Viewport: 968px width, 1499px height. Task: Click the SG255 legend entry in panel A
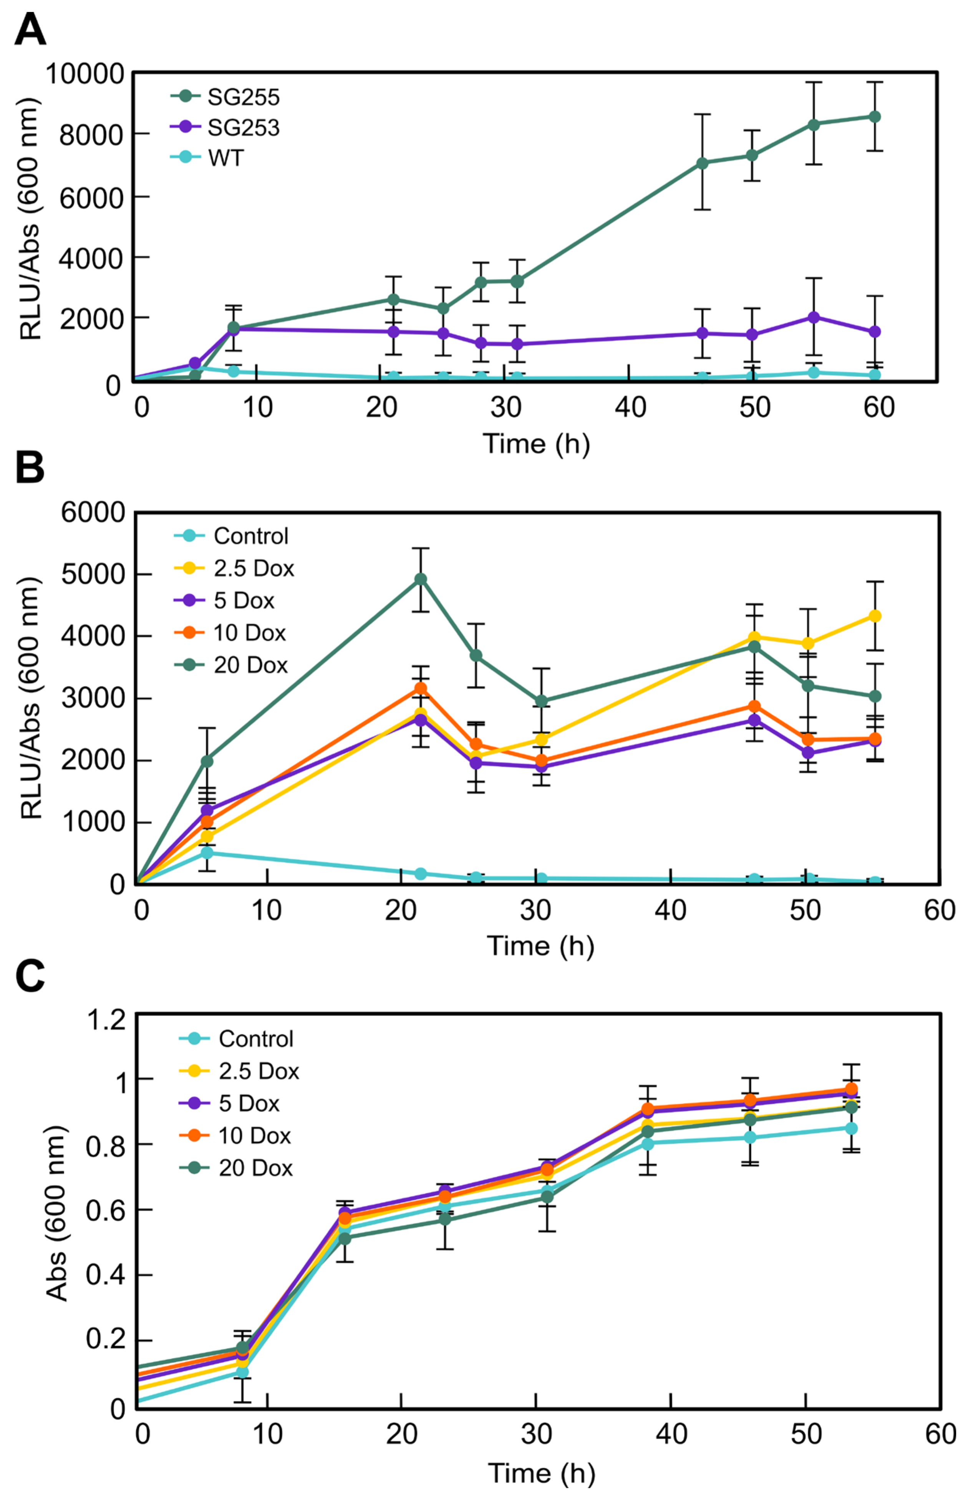pos(243,97)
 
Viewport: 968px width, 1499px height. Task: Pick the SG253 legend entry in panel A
pos(243,128)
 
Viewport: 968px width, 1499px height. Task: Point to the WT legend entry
pos(225,158)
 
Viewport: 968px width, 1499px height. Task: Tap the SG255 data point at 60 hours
pos(874,117)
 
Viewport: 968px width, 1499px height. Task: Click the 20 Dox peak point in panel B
pos(421,579)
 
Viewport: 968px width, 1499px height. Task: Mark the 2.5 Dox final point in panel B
pos(874,616)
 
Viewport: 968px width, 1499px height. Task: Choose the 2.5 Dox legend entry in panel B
pos(253,568)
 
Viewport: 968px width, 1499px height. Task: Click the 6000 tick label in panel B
pos(93,513)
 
